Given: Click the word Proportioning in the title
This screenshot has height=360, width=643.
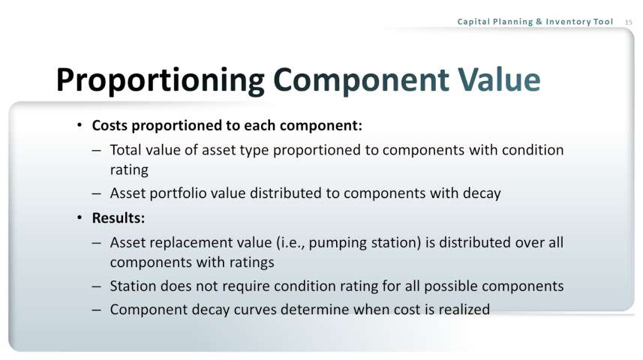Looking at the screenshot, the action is tap(161, 80).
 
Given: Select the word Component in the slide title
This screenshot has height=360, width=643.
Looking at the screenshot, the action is tap(361, 80).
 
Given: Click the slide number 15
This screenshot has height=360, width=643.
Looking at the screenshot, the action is tap(629, 22).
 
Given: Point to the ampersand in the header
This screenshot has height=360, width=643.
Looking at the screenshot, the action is tap(539, 22).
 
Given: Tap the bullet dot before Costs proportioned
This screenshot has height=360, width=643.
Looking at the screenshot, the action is tap(80, 124).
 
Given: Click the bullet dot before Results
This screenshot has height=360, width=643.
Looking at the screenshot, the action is tap(80, 217).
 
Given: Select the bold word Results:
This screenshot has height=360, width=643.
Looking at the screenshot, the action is tap(119, 217).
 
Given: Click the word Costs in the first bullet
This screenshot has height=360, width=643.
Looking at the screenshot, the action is tap(110, 125).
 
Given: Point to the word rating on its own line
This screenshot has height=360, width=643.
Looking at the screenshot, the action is tap(129, 169).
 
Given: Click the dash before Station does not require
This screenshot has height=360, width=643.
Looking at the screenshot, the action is tap(96, 286).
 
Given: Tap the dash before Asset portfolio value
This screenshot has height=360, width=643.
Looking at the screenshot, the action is tap(96, 193).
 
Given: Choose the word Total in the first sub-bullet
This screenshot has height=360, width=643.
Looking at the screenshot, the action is tap(125, 150).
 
